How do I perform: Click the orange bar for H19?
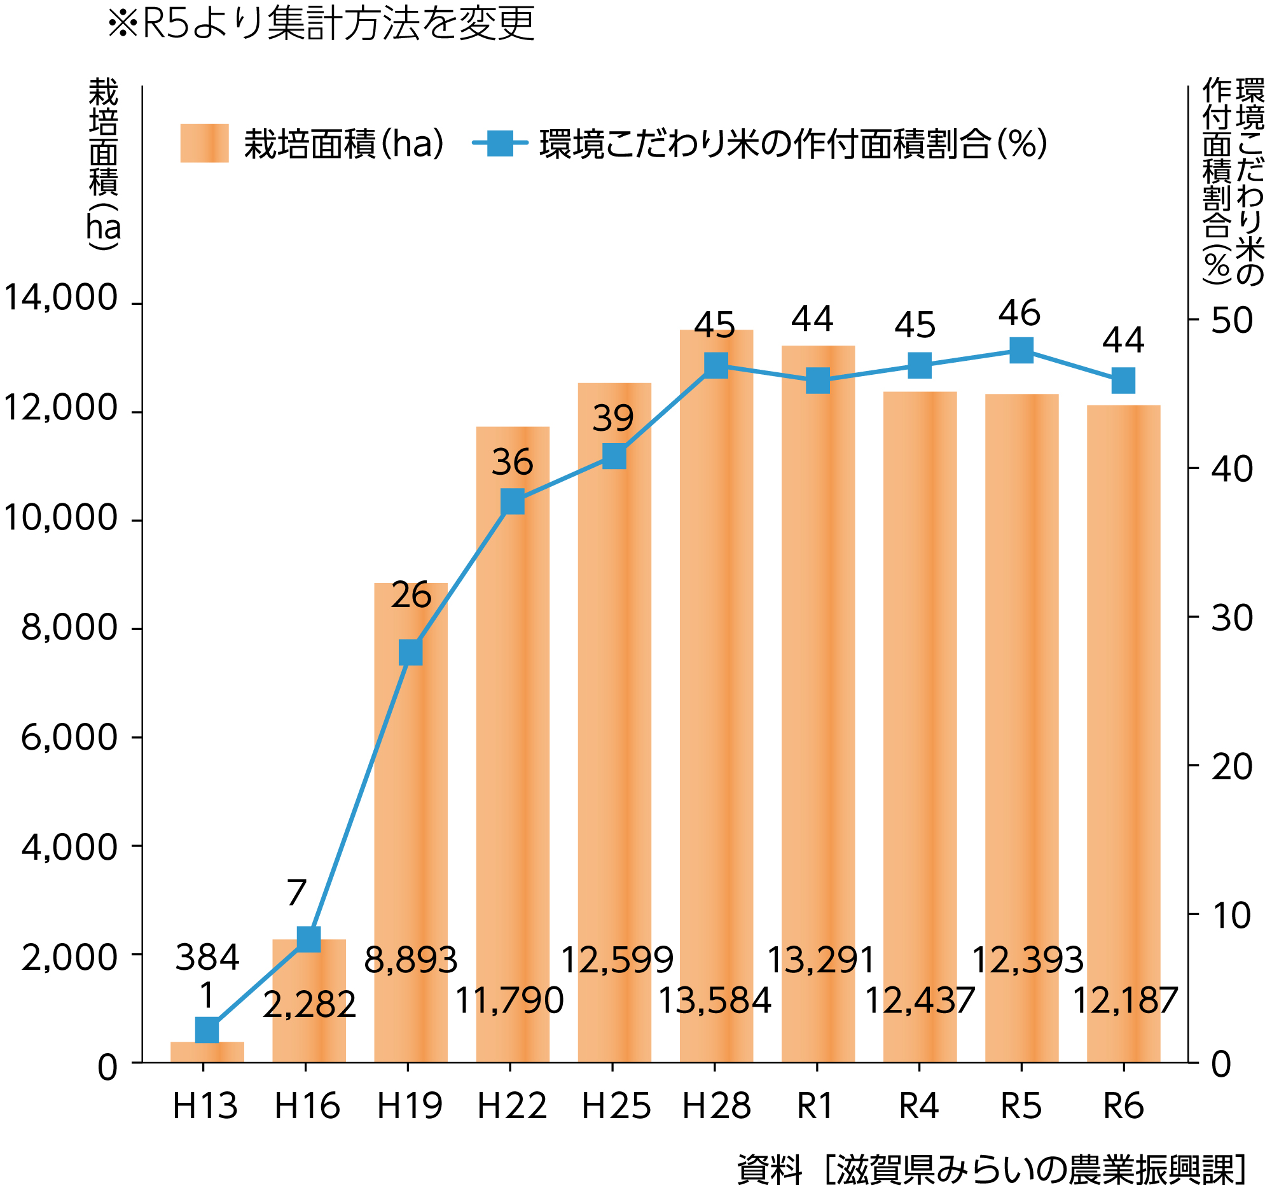click(411, 800)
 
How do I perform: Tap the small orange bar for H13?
click(207, 1052)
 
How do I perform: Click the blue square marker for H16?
click(309, 939)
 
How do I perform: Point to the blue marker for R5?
click(1021, 350)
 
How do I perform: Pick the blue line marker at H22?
click(513, 502)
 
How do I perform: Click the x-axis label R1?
click(815, 1106)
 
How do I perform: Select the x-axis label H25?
click(616, 1106)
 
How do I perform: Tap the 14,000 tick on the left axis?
click(61, 298)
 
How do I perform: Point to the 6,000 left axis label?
click(69, 737)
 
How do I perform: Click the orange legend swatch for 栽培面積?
click(204, 143)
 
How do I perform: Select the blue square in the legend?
click(500, 143)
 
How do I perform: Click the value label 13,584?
click(715, 1000)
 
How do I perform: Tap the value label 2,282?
click(309, 1004)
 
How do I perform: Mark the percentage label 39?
click(613, 419)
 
